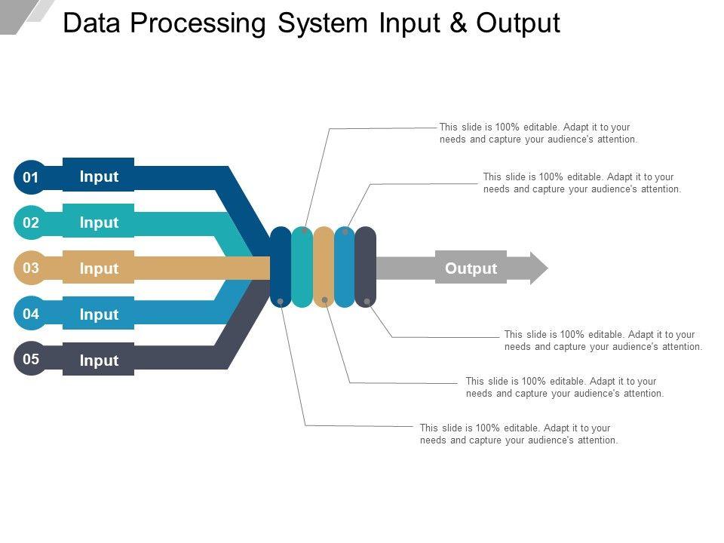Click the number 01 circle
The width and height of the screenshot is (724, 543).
(30, 178)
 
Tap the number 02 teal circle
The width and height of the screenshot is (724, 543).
(30, 222)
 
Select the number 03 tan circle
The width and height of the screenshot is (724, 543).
(30, 268)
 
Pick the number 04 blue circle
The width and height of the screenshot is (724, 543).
(30, 314)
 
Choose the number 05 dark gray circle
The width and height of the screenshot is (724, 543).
(30, 359)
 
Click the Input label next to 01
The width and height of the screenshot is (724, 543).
(99, 176)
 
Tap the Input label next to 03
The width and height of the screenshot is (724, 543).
(99, 268)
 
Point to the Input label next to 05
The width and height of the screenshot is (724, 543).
(99, 360)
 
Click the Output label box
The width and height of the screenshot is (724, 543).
(471, 268)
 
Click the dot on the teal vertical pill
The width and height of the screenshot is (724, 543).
(304, 231)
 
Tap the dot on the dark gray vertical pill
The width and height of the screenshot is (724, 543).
(367, 302)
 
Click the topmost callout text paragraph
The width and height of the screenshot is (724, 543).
(538, 133)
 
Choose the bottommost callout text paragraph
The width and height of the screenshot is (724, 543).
(519, 434)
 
